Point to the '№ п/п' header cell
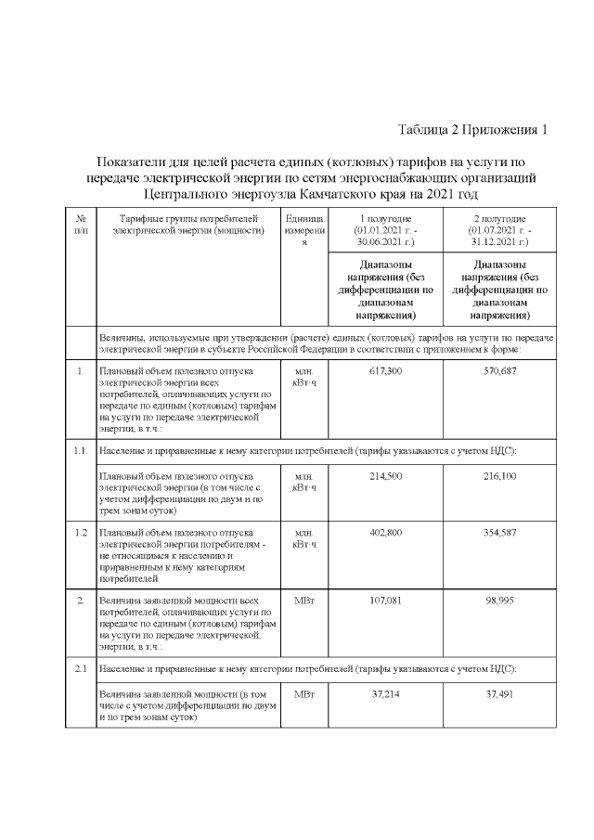point(81,223)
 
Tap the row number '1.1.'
point(81,451)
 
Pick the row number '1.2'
point(81,533)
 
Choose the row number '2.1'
point(81,668)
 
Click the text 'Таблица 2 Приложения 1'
point(472,129)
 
